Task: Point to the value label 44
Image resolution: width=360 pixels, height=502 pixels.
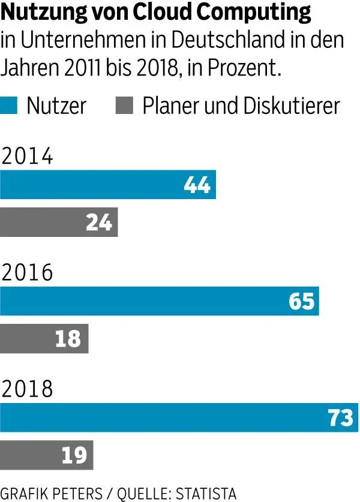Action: click(197, 185)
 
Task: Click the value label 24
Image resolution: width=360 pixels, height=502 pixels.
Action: click(99, 223)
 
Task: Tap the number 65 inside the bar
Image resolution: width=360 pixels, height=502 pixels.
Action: click(301, 301)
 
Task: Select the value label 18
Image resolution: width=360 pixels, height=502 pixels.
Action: click(68, 339)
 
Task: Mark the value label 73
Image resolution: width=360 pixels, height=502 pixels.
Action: click(341, 417)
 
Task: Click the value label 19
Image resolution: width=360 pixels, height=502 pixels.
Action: click(74, 456)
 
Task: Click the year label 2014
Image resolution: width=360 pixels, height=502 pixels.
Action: click(28, 157)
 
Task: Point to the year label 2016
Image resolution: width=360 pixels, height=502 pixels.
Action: click(28, 273)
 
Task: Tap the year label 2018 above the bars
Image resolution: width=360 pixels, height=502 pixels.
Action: click(28, 389)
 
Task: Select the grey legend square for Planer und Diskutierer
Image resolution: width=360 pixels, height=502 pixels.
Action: click(124, 106)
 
